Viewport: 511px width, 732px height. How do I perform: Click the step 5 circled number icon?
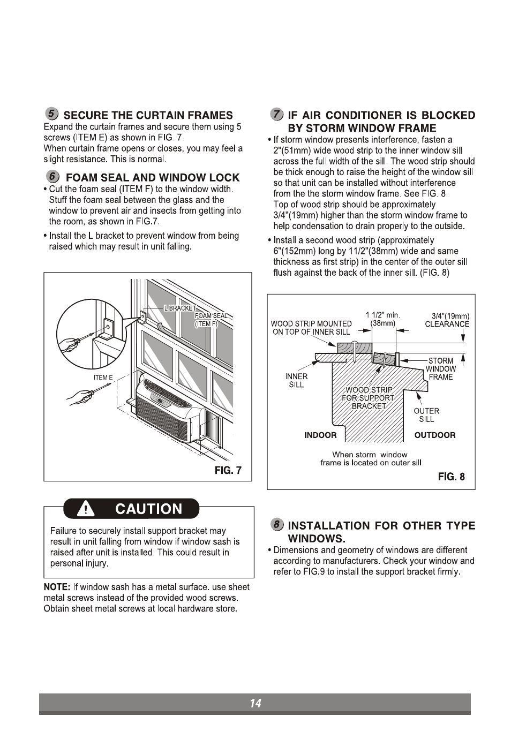point(51,114)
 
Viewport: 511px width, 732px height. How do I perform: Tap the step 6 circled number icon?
point(51,177)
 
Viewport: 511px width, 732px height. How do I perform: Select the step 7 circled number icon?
point(276,114)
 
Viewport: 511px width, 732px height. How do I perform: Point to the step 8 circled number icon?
point(276,525)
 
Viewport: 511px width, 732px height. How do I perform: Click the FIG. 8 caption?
point(451,477)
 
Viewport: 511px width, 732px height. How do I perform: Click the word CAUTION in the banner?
point(148,509)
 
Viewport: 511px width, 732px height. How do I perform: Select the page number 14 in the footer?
point(255,704)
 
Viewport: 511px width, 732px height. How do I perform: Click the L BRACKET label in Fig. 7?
point(181,309)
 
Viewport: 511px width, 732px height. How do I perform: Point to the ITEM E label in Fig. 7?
point(103,378)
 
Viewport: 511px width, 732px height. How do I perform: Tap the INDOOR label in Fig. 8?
point(320,435)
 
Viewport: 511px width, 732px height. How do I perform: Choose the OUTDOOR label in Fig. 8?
point(435,435)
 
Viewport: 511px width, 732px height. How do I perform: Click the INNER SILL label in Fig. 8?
point(296,381)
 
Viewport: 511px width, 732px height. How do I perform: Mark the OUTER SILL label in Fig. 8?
point(426,415)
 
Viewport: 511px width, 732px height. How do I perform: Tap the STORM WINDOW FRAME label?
point(441,369)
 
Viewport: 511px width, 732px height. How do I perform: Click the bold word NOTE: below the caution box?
point(57,587)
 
